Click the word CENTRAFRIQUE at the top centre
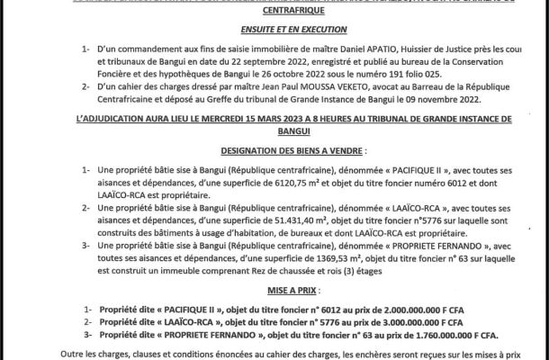pos(274,13)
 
